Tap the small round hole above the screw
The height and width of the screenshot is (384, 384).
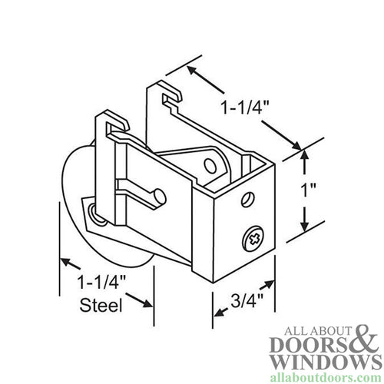pos(245,200)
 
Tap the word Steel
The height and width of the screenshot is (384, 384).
pos(101,306)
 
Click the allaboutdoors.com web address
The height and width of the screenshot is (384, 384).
pos(323,377)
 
